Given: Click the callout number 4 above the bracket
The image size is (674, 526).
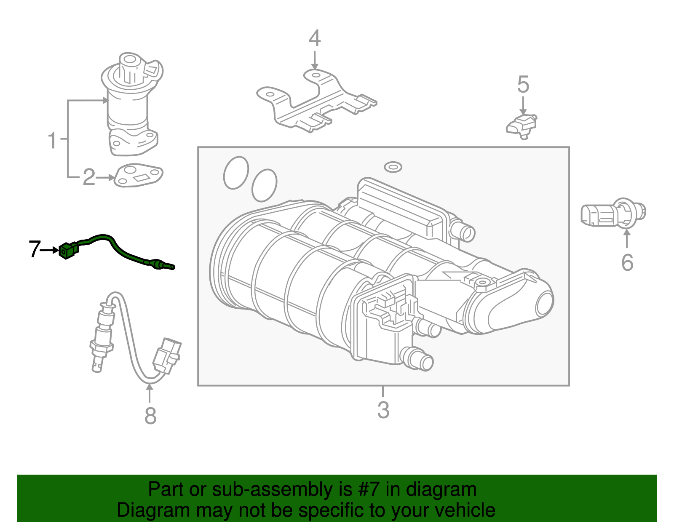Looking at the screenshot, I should pyautogui.click(x=315, y=38).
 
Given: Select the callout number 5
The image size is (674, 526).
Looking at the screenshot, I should pyautogui.click(x=523, y=85).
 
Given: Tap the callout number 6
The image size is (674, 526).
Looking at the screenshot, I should pyautogui.click(x=627, y=263).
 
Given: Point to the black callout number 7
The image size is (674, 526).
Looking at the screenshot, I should pyautogui.click(x=35, y=249).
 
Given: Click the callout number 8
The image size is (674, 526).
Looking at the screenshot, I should pyautogui.click(x=150, y=416).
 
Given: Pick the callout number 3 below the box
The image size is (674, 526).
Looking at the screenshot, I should pyautogui.click(x=383, y=410).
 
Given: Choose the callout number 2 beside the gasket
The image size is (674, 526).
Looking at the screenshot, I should pyautogui.click(x=89, y=177).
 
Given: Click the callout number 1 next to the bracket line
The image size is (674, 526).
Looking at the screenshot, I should pyautogui.click(x=52, y=140).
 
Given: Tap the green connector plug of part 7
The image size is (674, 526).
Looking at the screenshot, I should pyautogui.click(x=68, y=251).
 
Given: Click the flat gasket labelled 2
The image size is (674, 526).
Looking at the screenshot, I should pyautogui.click(x=139, y=175).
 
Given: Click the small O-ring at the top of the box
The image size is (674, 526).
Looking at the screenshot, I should pyautogui.click(x=393, y=167).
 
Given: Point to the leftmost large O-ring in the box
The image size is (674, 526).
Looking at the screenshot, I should pyautogui.click(x=236, y=173).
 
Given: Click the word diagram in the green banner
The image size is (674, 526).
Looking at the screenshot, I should pyautogui.click(x=441, y=490).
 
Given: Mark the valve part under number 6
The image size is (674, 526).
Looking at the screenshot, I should pyautogui.click(x=613, y=214).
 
